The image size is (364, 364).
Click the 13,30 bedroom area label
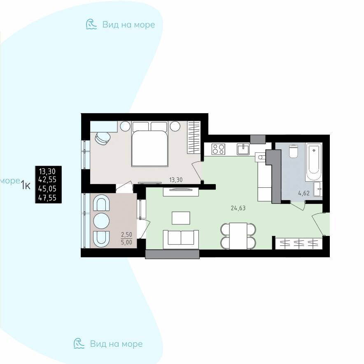(x=176, y=180)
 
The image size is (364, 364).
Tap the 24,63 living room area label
(x=238, y=208)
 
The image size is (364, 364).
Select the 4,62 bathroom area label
(x=304, y=193)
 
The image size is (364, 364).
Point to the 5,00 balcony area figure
(x=126, y=243)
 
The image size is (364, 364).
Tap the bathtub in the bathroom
(x=314, y=162)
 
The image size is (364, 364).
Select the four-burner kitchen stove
(x=219, y=149)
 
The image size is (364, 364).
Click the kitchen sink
(x=243, y=149)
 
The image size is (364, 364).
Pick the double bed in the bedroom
(x=150, y=144)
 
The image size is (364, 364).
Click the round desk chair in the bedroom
(x=103, y=138)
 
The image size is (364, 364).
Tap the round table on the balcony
(x=101, y=221)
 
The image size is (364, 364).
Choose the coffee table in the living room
(x=181, y=218)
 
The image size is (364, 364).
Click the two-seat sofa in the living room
(x=181, y=239)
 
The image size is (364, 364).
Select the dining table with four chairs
(x=238, y=236)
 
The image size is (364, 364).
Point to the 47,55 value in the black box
(x=47, y=198)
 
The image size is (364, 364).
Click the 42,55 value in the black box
(x=47, y=180)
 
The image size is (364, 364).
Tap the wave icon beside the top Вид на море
(x=91, y=24)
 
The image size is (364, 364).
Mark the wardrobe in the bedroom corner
(x=194, y=137)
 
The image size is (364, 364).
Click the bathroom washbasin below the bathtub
(x=318, y=189)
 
